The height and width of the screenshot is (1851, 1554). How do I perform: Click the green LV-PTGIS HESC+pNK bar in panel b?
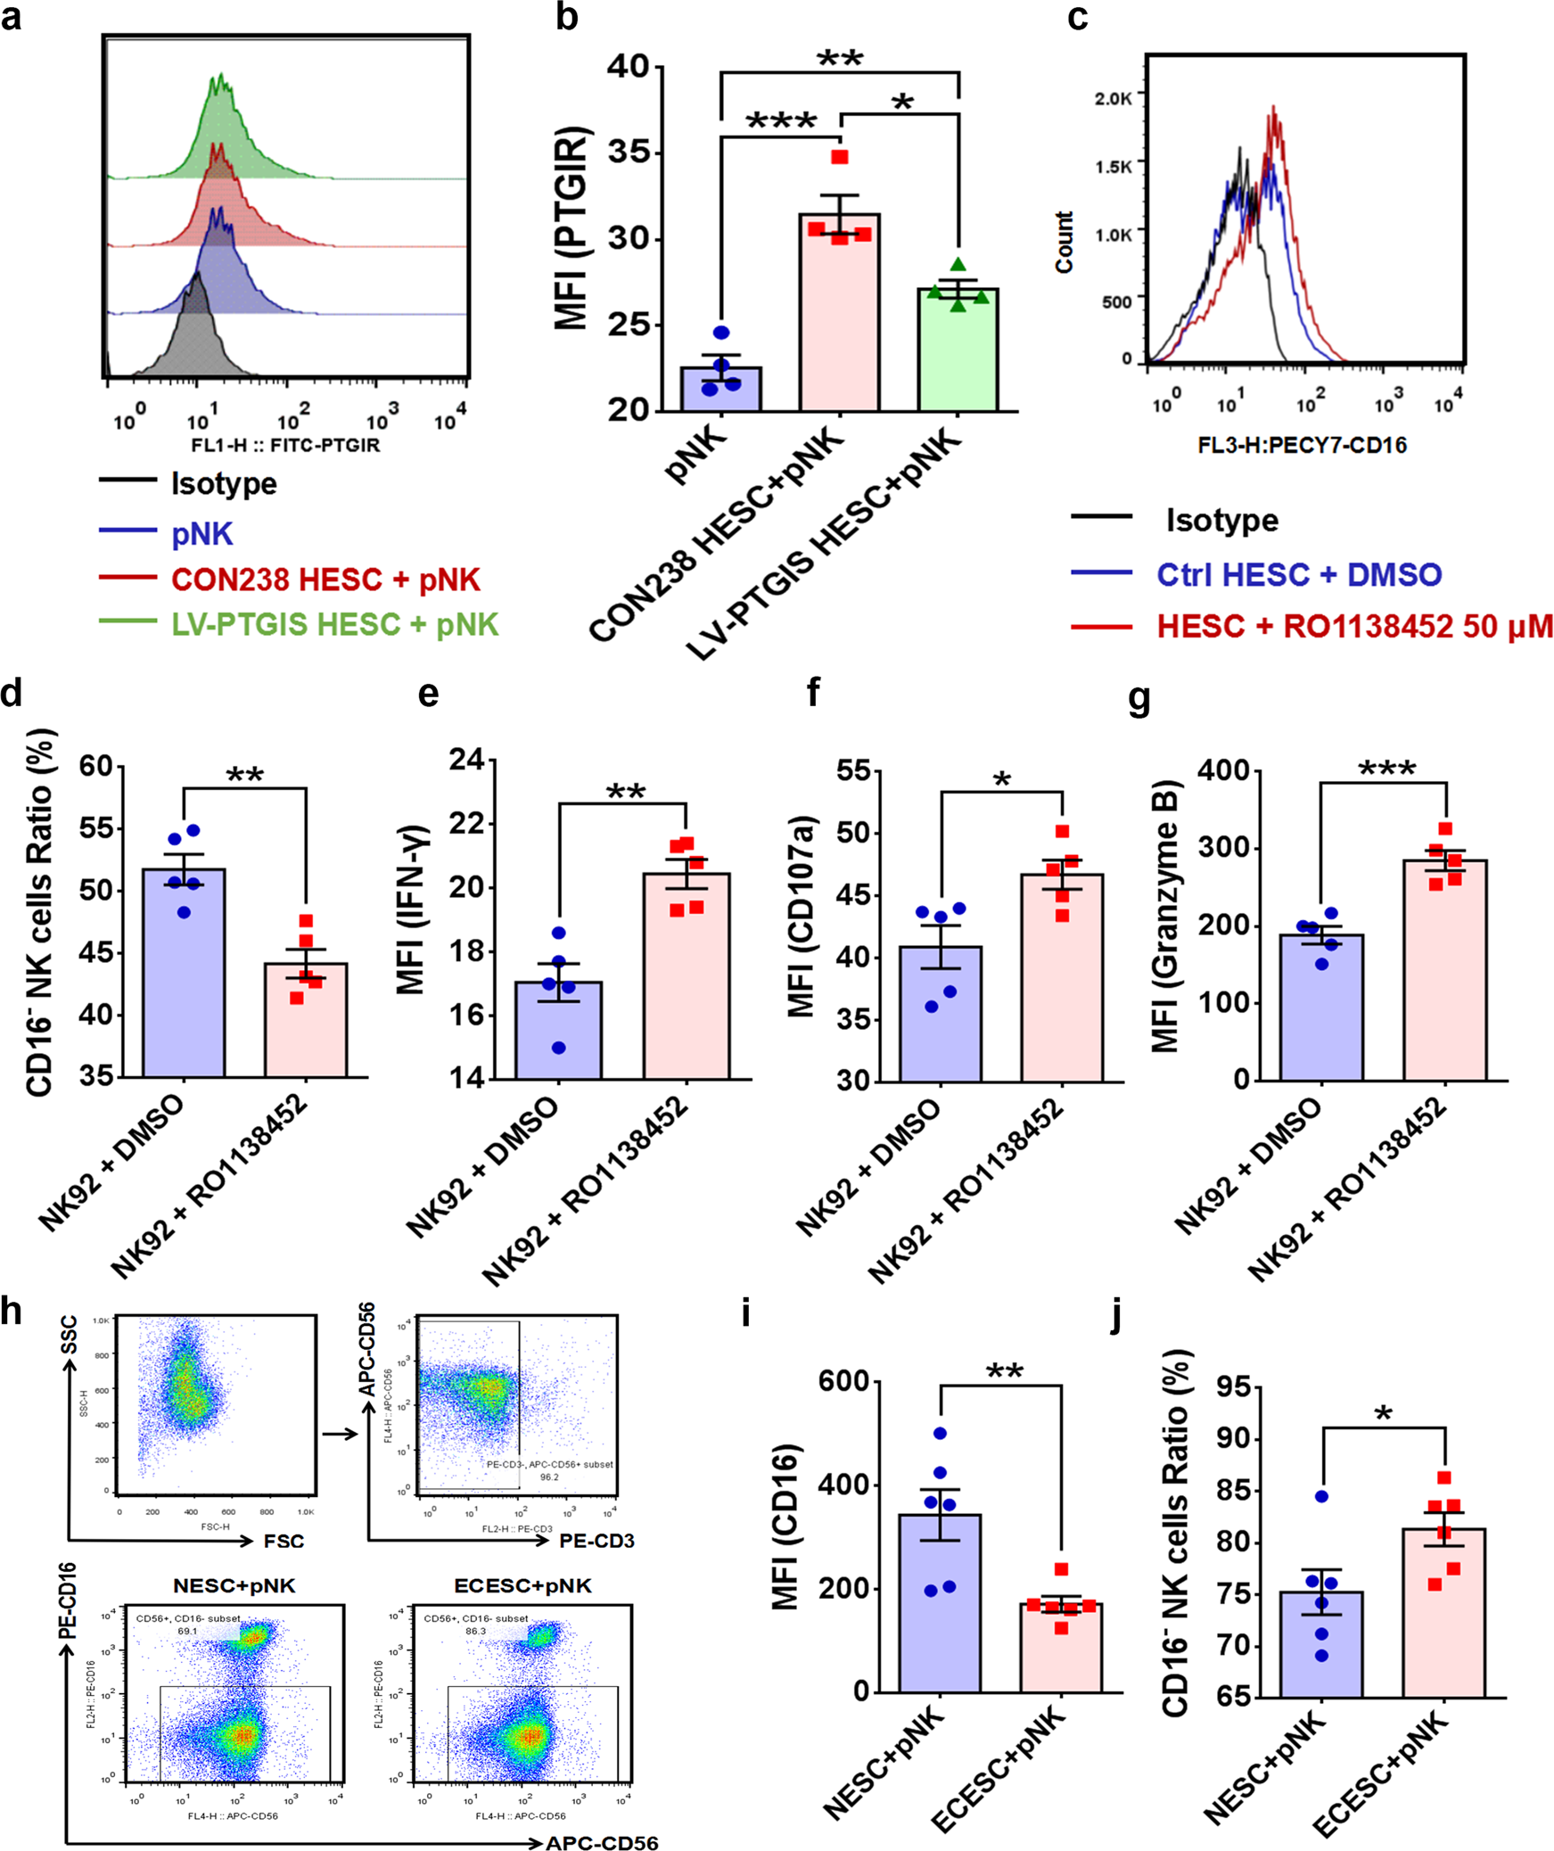[957, 352]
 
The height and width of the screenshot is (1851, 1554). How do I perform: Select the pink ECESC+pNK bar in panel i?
[1061, 1649]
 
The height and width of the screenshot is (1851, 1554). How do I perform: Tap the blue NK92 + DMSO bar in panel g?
[1320, 1008]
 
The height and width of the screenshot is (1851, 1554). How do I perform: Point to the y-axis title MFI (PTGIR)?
[571, 229]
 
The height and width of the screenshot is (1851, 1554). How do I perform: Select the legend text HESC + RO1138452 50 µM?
[1354, 626]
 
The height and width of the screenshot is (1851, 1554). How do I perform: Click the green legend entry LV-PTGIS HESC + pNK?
[334, 624]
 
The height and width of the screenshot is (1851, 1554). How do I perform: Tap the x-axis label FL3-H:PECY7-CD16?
[1302, 445]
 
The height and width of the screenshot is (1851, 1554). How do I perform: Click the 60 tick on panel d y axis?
[96, 765]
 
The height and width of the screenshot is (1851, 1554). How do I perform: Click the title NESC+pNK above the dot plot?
[234, 1585]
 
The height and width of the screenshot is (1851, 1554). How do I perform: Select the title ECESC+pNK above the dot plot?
[522, 1585]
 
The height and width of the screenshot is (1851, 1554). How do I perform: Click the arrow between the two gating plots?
[339, 1434]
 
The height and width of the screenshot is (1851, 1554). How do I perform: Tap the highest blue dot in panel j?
[1321, 1496]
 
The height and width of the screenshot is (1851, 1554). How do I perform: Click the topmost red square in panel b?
[840, 158]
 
